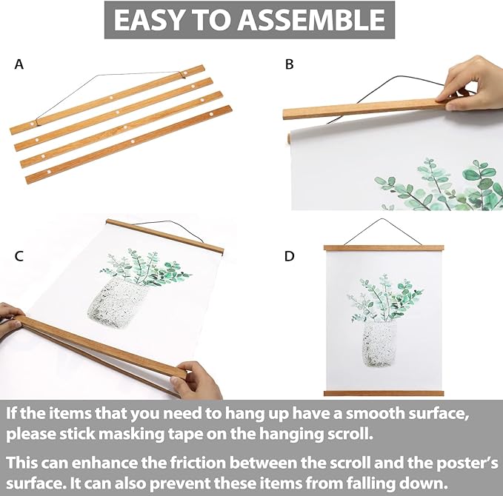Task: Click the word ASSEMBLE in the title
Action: click(x=311, y=20)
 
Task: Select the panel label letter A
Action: click(x=19, y=64)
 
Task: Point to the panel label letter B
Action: click(x=289, y=64)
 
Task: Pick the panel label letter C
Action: click(x=19, y=256)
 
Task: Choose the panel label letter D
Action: click(x=289, y=256)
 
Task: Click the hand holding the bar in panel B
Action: click(x=472, y=84)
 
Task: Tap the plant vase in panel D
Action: click(x=379, y=343)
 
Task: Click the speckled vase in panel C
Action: click(x=117, y=303)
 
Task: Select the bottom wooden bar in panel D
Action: click(x=384, y=393)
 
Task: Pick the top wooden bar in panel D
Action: click(x=384, y=247)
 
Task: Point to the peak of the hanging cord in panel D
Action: click(x=382, y=219)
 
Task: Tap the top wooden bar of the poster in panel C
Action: click(x=165, y=236)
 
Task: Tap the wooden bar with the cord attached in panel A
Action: click(x=107, y=99)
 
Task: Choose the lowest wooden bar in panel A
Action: click(x=129, y=144)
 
